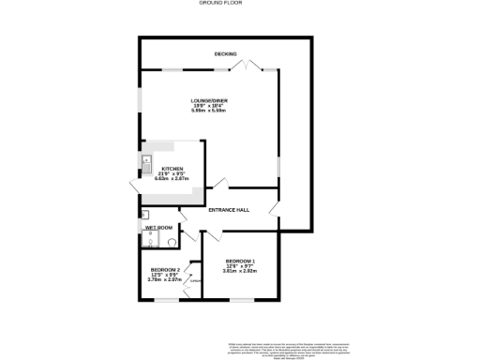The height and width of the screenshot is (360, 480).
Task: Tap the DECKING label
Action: (x=224, y=53)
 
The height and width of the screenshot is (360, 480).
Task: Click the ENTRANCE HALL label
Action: (x=230, y=211)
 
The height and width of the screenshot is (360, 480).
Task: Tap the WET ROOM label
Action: (x=157, y=228)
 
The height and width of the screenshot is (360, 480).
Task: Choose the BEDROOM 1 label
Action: (x=239, y=260)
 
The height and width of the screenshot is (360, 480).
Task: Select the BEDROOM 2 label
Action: (x=164, y=269)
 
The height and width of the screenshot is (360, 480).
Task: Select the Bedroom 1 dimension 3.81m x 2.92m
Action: (x=239, y=271)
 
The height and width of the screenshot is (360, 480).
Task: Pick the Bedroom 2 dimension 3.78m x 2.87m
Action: (x=164, y=280)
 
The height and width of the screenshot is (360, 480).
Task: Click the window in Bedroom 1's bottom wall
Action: (x=239, y=301)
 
